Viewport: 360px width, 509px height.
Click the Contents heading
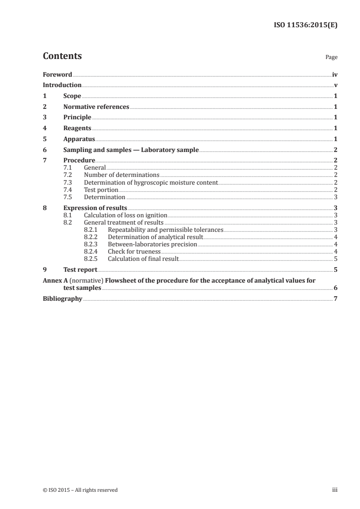(x=62, y=56)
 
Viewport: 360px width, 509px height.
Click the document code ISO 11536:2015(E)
(x=306, y=25)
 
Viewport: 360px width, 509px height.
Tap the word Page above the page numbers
(x=331, y=58)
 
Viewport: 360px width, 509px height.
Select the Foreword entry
(x=57, y=74)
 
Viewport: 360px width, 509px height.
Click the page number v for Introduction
(x=335, y=85)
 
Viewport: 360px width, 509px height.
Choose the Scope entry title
(x=72, y=96)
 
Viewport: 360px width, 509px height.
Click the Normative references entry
(x=96, y=107)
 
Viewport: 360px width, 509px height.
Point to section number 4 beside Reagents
(x=44, y=128)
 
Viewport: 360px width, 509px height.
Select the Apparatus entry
(x=79, y=139)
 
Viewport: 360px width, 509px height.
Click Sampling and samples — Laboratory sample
(x=131, y=150)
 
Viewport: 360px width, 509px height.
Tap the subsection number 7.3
(x=68, y=183)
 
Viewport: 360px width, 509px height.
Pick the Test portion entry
(x=101, y=190)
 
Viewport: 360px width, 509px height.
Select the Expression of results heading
(x=95, y=208)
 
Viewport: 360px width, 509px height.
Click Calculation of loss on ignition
(x=125, y=215)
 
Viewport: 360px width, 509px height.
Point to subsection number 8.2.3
(x=91, y=244)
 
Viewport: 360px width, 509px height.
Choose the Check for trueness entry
(x=134, y=251)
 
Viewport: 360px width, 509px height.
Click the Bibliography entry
(x=62, y=299)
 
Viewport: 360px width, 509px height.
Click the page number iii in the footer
(x=334, y=490)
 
